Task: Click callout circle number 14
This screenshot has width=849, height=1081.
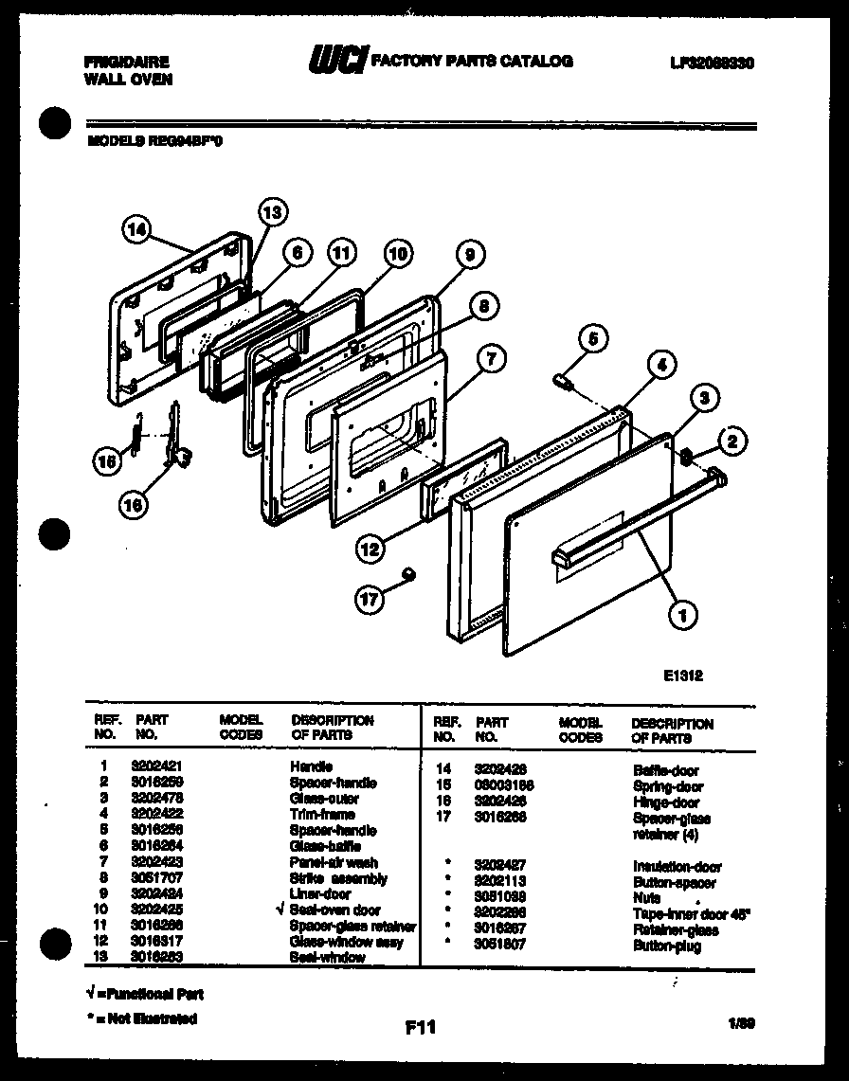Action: coord(137,227)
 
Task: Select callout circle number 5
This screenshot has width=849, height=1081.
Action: coord(592,338)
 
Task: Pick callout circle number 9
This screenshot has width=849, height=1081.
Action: coord(468,254)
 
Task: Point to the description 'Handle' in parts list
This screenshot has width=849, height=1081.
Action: coord(311,766)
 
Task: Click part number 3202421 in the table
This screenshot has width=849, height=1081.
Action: coord(152,766)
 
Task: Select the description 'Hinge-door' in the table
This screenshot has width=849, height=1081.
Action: coord(667,802)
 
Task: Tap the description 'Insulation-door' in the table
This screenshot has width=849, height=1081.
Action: coord(677,866)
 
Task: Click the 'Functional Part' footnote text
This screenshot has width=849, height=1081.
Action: coord(148,995)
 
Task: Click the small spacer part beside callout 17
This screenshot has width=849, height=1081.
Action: coord(408,571)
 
